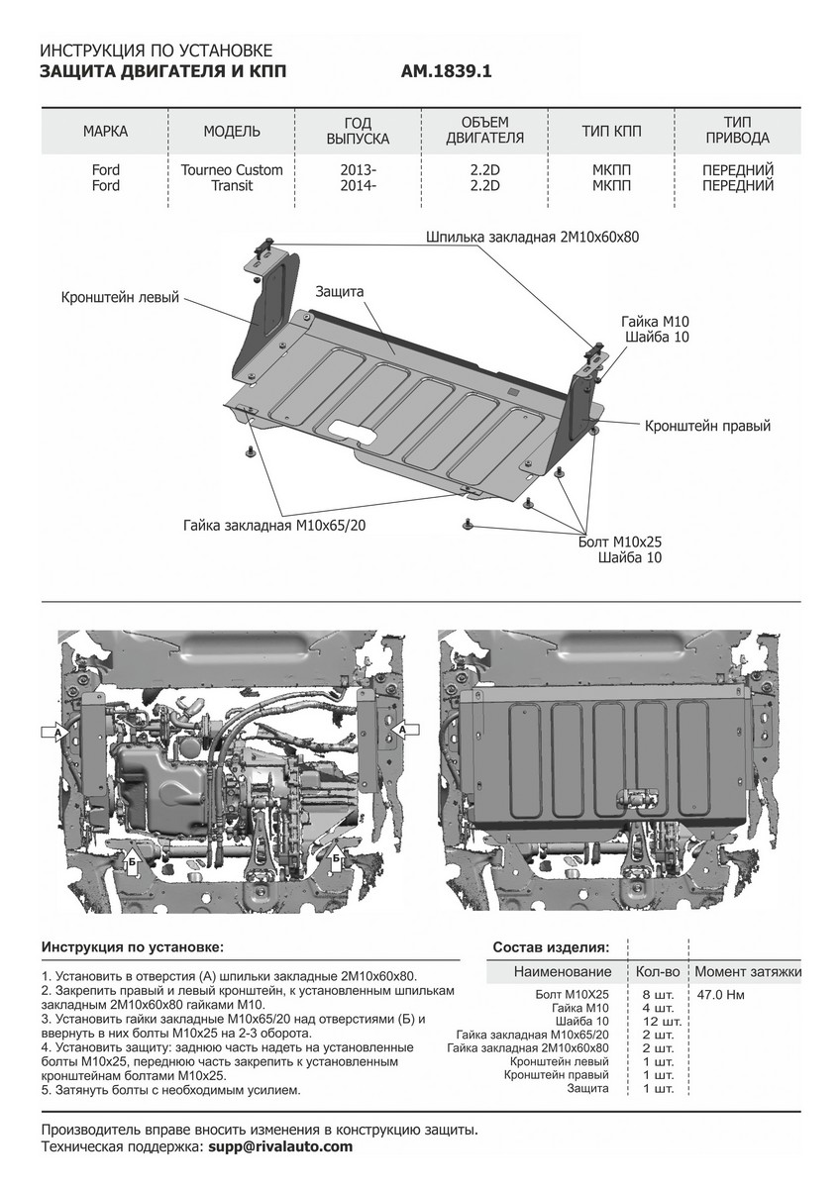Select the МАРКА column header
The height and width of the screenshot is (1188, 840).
(x=105, y=132)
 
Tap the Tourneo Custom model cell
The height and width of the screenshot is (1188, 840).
(x=232, y=170)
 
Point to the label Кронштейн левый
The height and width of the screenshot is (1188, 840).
(x=120, y=297)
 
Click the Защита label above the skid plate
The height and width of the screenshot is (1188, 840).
(x=340, y=292)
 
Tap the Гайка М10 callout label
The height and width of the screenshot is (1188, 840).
(x=655, y=323)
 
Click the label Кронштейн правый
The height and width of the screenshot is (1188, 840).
(x=707, y=426)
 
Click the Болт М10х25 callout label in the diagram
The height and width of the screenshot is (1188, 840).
(x=620, y=542)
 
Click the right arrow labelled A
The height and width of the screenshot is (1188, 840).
(x=405, y=729)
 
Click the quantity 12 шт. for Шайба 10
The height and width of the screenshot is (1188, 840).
(x=657, y=1021)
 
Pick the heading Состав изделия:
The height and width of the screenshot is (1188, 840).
(x=551, y=947)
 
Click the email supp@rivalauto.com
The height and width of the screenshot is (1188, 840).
(x=280, y=1145)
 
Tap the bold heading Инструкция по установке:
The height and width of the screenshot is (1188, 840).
(x=133, y=947)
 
